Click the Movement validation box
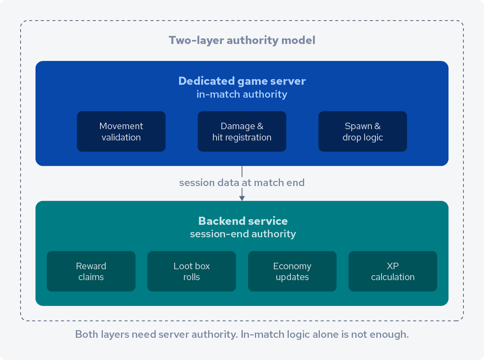click(x=121, y=132)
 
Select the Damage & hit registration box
click(x=242, y=132)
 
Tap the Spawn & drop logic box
click(x=363, y=132)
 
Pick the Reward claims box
click(x=91, y=271)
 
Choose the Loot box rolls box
click(x=192, y=271)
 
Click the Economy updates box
click(x=292, y=271)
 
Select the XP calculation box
click(x=392, y=271)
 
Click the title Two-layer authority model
click(x=242, y=40)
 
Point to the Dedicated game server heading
click(x=242, y=81)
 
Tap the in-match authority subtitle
click(x=242, y=94)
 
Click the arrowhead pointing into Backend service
click(x=242, y=198)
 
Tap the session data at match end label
click(x=242, y=183)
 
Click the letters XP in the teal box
click(x=392, y=266)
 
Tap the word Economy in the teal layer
click(x=292, y=266)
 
